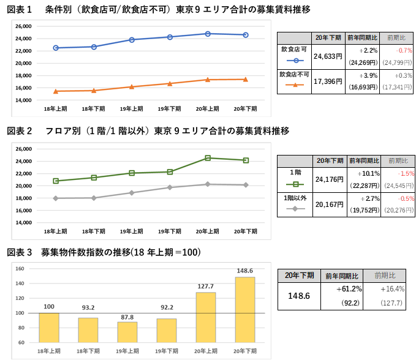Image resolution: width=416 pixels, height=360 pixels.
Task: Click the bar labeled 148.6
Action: tap(244, 309)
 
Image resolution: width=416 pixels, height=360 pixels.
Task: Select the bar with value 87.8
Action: tap(127, 332)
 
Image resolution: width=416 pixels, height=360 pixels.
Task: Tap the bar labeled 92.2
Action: tap(166, 330)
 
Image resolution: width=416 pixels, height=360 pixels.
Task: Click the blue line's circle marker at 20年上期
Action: tap(208, 34)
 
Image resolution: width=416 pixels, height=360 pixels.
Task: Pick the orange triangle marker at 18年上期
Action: tap(56, 91)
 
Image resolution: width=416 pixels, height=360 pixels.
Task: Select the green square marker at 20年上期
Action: tap(208, 158)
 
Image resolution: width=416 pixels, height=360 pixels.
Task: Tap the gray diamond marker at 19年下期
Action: tap(170, 187)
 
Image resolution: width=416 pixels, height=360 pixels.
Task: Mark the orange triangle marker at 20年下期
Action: tap(246, 79)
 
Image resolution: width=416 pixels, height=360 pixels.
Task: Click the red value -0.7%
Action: tap(404, 50)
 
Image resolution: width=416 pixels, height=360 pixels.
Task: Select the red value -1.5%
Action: tap(406, 173)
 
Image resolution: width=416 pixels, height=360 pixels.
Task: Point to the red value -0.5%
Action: tap(406, 198)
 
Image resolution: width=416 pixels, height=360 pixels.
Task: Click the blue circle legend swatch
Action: tap(295, 61)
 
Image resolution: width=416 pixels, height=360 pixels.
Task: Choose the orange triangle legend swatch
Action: tap(295, 85)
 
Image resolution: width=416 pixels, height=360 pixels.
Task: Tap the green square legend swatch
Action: tap(295, 184)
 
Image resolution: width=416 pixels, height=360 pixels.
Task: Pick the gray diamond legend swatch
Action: tap(295, 209)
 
